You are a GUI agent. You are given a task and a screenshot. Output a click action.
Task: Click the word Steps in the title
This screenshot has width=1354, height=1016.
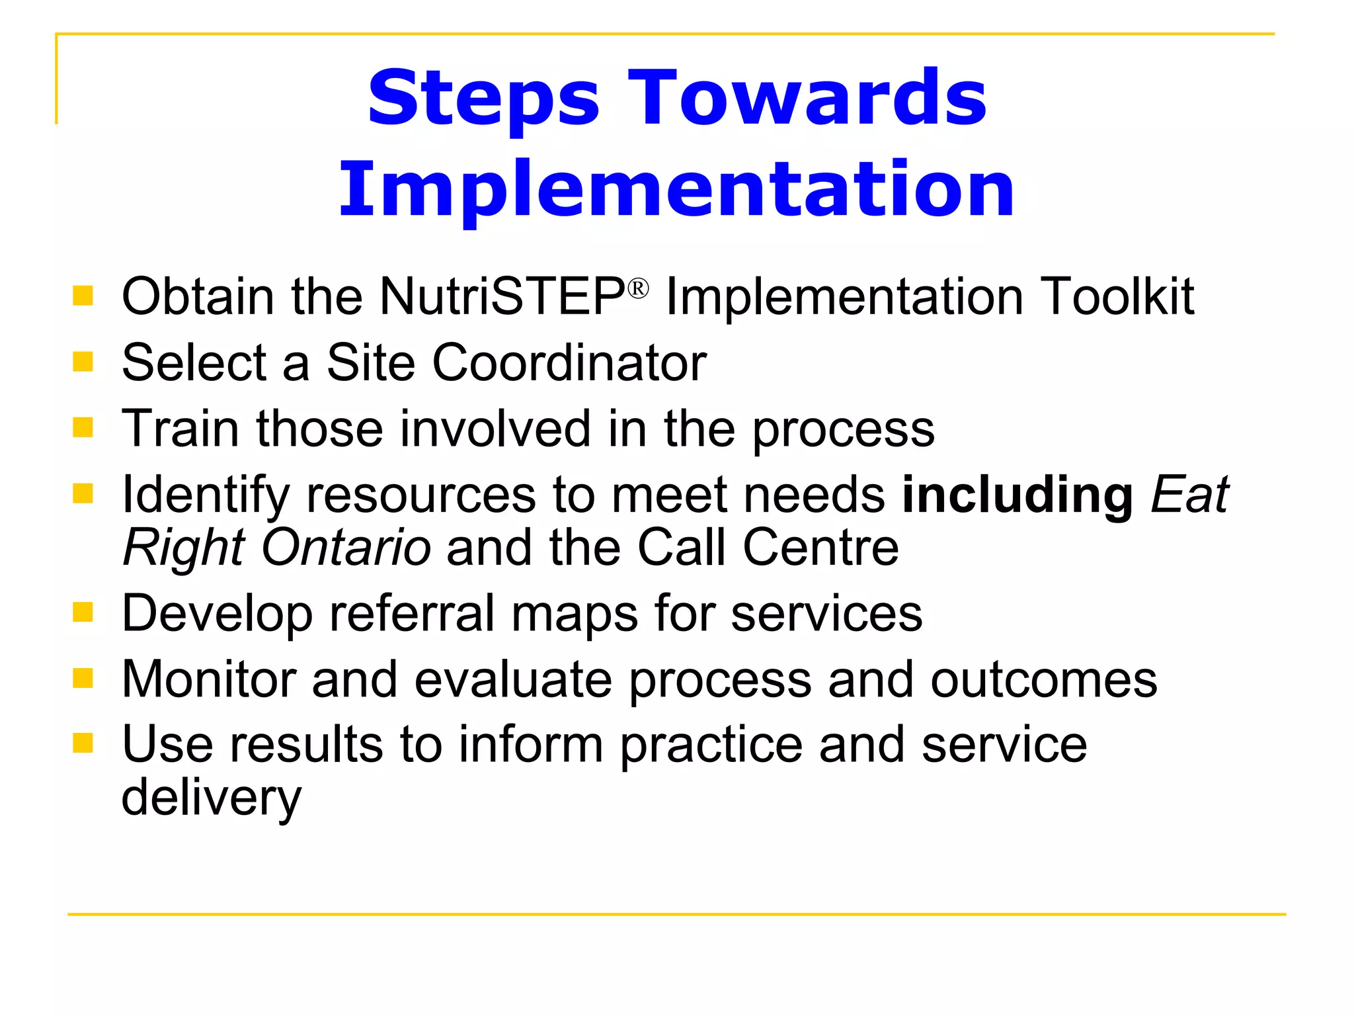click(x=483, y=99)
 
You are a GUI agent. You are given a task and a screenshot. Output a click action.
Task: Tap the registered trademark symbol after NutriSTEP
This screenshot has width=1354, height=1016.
click(x=638, y=289)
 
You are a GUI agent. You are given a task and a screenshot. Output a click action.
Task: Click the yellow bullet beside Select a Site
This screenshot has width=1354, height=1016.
click(x=83, y=361)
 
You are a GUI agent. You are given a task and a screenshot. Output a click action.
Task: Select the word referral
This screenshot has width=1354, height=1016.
click(x=412, y=613)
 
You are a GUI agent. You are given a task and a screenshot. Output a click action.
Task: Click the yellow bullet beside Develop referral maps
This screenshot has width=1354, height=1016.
click(x=83, y=612)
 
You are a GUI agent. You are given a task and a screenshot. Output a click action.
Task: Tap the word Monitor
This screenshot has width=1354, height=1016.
click(x=208, y=679)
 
